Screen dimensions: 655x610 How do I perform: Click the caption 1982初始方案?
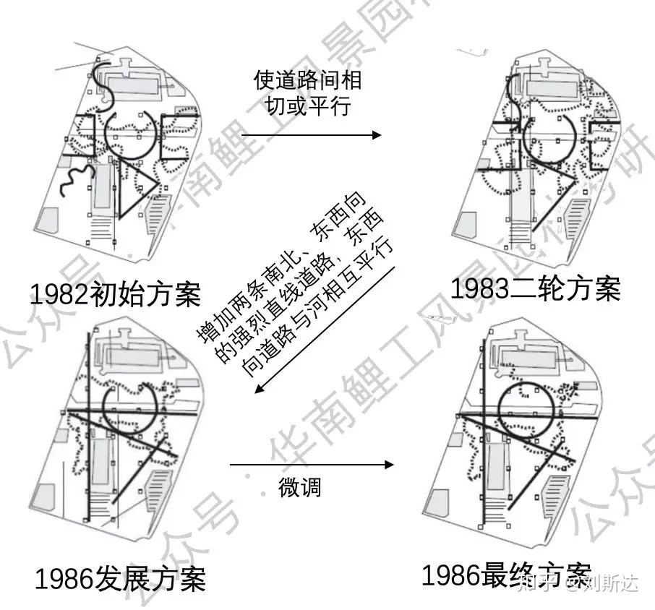click(x=116, y=294)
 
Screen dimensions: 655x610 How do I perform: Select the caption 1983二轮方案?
click(x=536, y=288)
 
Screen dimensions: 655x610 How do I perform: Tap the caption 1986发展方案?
click(x=120, y=578)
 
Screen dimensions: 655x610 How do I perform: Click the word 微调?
click(x=299, y=486)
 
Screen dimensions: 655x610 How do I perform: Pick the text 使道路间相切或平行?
click(x=308, y=93)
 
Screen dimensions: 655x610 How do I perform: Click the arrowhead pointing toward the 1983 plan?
click(x=376, y=135)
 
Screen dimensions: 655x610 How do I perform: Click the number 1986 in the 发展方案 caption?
click(x=64, y=579)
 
